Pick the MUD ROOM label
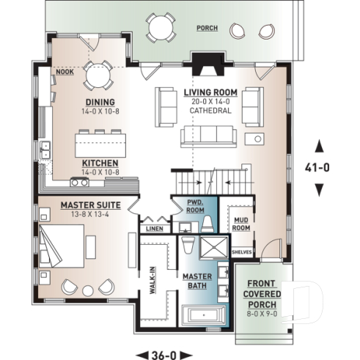(x=241, y=223)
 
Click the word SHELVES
(x=241, y=252)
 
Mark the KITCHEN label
(x=101, y=163)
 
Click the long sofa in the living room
(x=208, y=136)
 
